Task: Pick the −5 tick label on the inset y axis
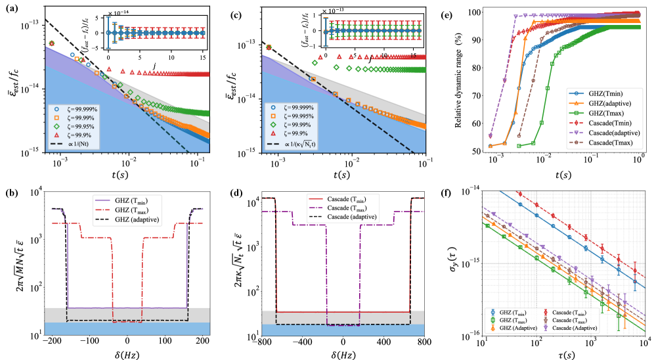click(100, 47)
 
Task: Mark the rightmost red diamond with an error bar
click(635, 270)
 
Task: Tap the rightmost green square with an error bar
click(619, 315)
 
